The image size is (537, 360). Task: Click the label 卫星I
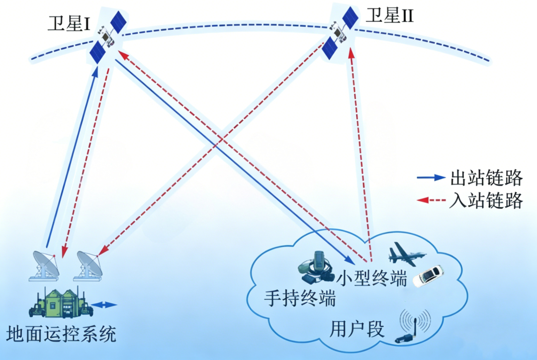68,23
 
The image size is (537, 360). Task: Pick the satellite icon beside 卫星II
341,32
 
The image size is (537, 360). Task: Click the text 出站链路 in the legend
486,177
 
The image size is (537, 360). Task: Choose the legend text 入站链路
486,200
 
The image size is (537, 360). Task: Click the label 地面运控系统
61,333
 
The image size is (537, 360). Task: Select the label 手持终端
300,298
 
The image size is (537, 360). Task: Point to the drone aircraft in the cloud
406,254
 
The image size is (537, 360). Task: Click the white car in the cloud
428,275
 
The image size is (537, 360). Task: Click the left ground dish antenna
45,266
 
